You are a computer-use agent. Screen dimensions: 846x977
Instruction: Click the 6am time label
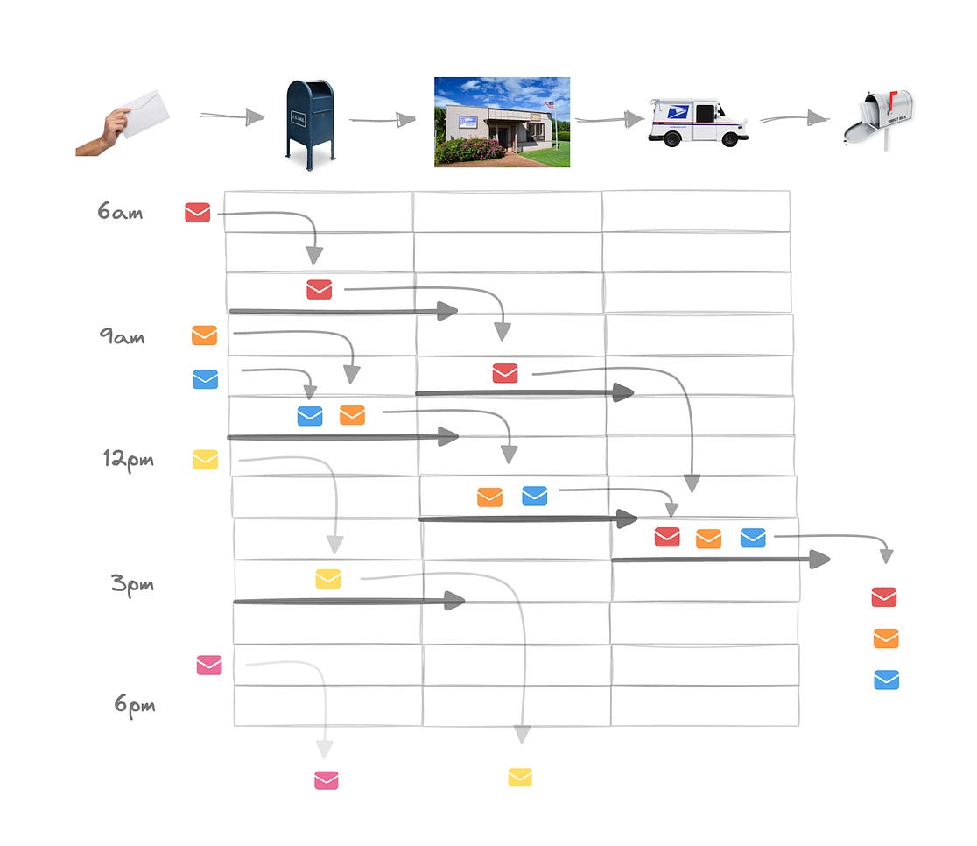coord(120,212)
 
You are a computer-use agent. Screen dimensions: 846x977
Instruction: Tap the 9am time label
coord(122,336)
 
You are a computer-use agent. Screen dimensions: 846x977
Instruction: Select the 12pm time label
coord(128,459)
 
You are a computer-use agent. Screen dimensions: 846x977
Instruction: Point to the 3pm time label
coord(133,583)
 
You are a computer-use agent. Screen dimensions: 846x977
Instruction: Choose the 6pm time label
coord(135,704)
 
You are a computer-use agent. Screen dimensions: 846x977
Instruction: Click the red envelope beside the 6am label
coord(198,212)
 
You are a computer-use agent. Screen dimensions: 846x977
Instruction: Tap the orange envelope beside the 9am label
coord(204,335)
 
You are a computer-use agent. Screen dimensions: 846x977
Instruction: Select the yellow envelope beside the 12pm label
coord(206,460)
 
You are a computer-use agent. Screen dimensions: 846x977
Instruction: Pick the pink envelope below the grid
coord(327,780)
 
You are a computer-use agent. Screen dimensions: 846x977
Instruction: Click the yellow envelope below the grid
coord(520,777)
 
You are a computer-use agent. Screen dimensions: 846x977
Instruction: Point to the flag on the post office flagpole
coord(549,105)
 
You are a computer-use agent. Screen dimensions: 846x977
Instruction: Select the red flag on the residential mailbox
coord(893,99)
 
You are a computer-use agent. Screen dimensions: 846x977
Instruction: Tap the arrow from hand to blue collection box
coord(232,116)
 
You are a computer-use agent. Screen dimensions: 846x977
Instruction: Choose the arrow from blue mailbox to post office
coord(383,120)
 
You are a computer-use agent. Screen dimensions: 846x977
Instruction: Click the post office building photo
coord(502,122)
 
